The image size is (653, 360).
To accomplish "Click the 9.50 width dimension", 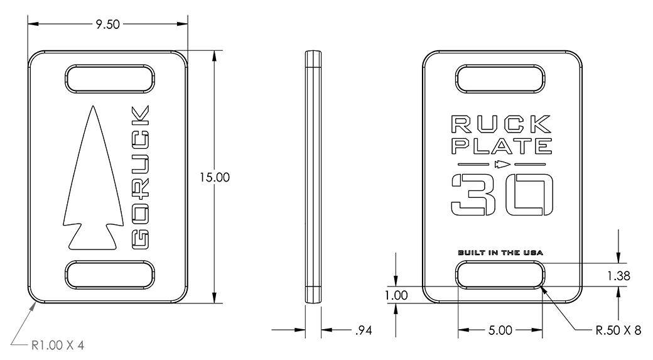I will (107, 24).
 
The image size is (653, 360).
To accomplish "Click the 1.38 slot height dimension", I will (620, 275).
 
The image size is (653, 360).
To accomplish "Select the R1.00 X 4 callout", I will (57, 344).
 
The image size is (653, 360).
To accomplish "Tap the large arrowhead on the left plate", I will (89, 182).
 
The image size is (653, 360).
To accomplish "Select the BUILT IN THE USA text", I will (500, 253).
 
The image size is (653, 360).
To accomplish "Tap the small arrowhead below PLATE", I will (501, 165).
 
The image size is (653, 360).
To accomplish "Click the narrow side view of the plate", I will (313, 177).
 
